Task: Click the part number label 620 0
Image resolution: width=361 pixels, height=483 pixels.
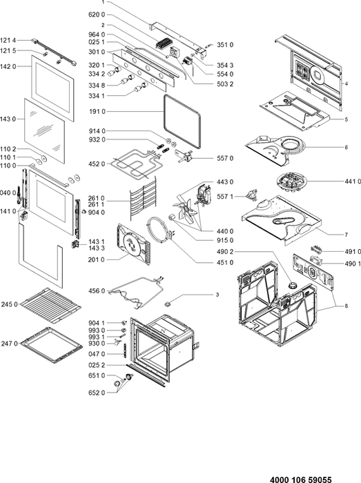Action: coord(97,14)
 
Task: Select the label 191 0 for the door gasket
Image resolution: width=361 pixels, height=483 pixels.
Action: coord(97,112)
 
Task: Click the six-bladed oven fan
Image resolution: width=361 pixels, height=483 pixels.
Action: coord(186,208)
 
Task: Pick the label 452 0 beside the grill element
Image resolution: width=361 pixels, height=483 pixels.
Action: coord(97,164)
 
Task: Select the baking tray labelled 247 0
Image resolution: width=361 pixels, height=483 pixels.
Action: coord(52,345)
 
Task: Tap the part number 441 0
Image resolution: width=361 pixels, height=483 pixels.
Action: coord(353,181)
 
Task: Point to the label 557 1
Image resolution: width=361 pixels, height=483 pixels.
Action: coord(225,196)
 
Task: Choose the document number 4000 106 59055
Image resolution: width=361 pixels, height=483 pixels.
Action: coord(301,480)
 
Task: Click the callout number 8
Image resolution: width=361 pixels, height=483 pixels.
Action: coord(347,306)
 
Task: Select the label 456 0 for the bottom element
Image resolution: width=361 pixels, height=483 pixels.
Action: coord(97,290)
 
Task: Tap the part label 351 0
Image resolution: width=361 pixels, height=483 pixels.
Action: coord(225,45)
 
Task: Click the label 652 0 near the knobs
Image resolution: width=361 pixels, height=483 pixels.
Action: coord(97,393)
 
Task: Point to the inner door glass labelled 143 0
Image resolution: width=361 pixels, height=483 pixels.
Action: coord(45,131)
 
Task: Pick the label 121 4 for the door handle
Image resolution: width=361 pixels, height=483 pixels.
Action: coord(8,40)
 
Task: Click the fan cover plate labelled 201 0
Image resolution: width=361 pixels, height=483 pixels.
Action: coord(133,244)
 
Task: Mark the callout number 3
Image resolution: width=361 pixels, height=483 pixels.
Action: coord(217,295)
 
